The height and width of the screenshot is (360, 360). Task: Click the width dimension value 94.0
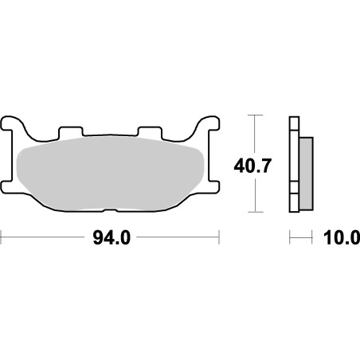(110, 237)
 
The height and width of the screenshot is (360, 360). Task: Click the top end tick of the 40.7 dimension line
(255, 115)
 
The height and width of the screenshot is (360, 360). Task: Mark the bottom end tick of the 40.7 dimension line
(255, 213)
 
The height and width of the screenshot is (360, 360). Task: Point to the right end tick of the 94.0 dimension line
(218, 237)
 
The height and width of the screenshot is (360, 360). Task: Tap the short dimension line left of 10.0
(299, 237)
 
